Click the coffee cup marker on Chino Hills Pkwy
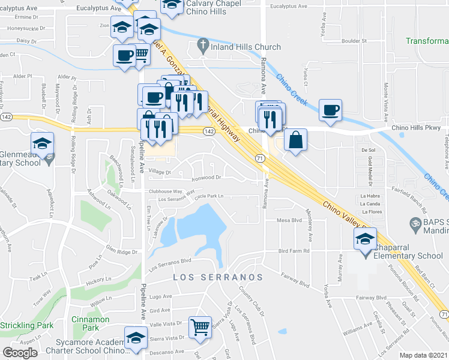pos(331,110)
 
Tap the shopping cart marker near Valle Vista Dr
pos(200,327)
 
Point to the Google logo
pos(20,353)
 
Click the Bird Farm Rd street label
pos(293,251)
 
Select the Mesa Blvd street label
pos(289,220)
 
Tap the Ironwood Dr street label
pos(206,178)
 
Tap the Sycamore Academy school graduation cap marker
pos(136,338)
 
